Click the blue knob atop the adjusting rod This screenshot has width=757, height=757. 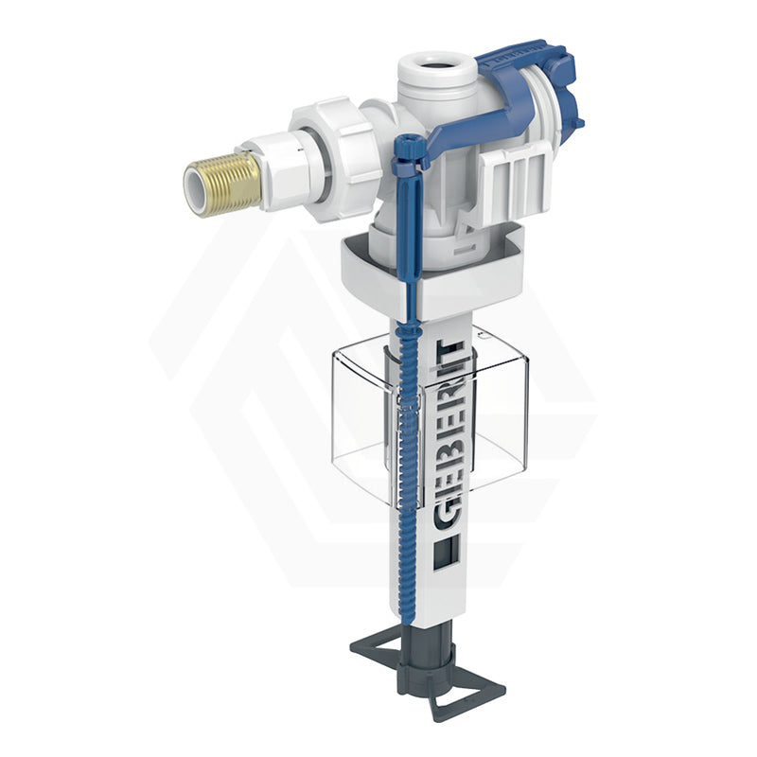[x=407, y=149]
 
